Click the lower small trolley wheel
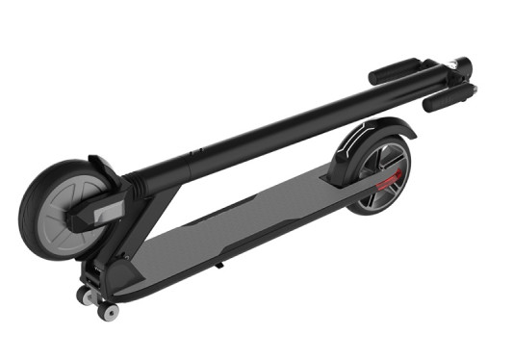pos(109,312)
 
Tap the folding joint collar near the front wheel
pos(140,178)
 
